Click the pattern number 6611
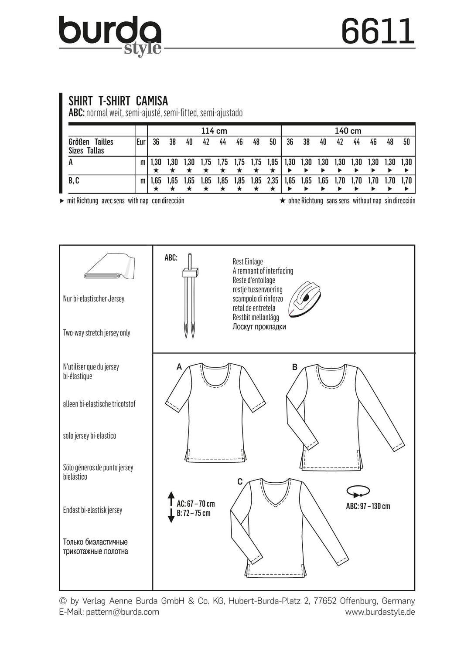pyautogui.click(x=377, y=31)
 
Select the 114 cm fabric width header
pyautogui.click(x=214, y=131)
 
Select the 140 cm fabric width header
pyautogui.click(x=348, y=131)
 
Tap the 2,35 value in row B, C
pyautogui.click(x=273, y=180)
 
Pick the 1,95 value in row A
pyautogui.click(x=273, y=162)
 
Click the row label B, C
pyautogui.click(x=74, y=180)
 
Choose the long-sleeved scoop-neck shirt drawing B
pyautogui.click(x=345, y=416)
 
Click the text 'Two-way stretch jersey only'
pyautogui.click(x=97, y=333)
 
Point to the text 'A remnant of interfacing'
pyautogui.click(x=263, y=271)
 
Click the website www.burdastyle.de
pyautogui.click(x=380, y=612)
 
